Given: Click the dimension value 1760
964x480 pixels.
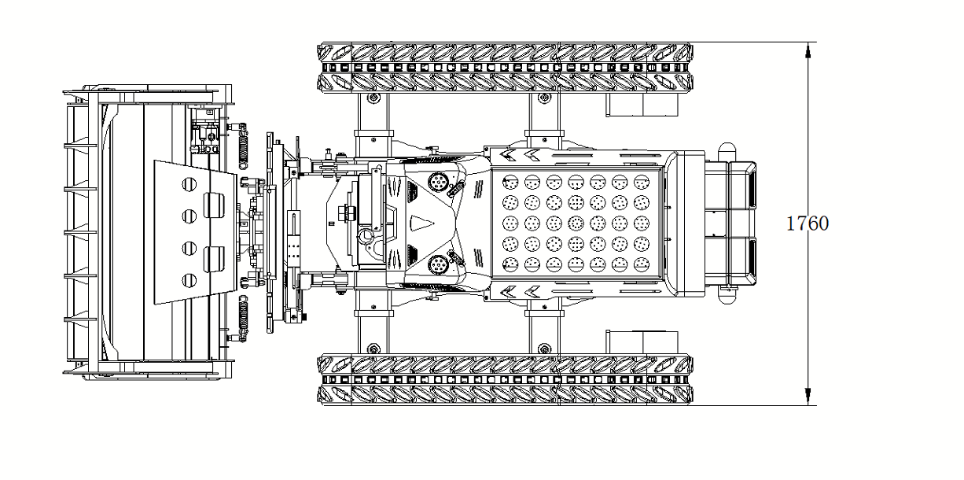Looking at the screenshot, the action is (x=808, y=223).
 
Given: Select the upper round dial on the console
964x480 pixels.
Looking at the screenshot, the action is (x=438, y=182).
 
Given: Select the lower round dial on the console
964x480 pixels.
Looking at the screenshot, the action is (x=438, y=264).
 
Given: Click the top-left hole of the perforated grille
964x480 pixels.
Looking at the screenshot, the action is (x=510, y=182).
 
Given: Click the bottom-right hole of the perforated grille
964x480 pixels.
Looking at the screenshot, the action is (x=642, y=264).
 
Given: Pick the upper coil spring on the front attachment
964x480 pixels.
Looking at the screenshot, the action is (x=243, y=146).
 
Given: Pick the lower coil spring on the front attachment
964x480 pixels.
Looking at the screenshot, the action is (x=243, y=319).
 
